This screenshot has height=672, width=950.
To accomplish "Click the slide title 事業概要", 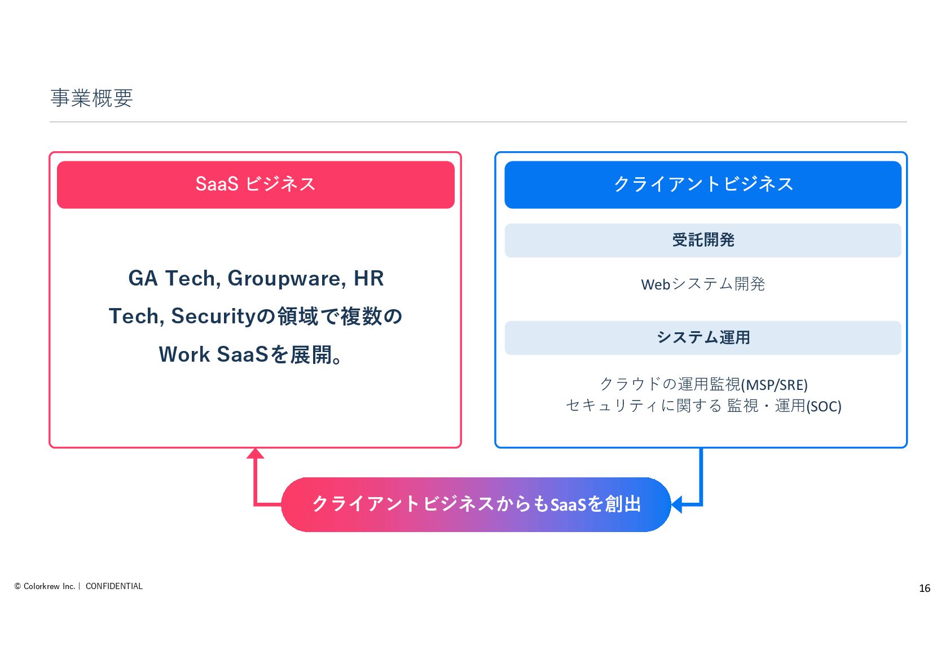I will click(x=91, y=98).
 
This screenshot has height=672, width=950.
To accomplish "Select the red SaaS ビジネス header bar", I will click(x=256, y=185).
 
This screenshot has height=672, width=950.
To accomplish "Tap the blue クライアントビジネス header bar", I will click(x=702, y=185).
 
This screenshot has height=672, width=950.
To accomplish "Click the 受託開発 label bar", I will click(x=702, y=240).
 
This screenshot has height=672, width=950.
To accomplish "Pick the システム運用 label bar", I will click(x=702, y=337).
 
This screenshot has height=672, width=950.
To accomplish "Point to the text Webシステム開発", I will click(x=702, y=284).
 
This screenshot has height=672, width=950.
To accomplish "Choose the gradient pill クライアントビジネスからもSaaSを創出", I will click(x=476, y=504).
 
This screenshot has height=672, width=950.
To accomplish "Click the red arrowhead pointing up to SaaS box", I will click(x=256, y=453).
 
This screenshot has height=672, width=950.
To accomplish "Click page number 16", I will click(x=924, y=588).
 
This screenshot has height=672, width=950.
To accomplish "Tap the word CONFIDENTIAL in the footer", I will click(x=114, y=586).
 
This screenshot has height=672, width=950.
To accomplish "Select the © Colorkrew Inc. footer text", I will click(x=45, y=586).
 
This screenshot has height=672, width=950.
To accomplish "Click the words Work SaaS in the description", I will click(x=213, y=354).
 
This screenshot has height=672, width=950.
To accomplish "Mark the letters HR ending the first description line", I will click(x=369, y=279).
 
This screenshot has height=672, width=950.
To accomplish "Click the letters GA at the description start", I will click(x=143, y=279).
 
